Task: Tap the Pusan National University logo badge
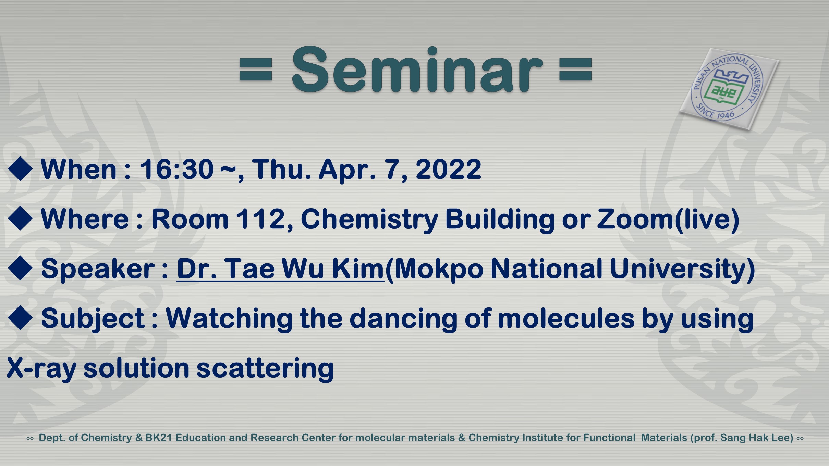click(729, 89)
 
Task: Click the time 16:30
click(176, 169)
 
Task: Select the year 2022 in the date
click(448, 169)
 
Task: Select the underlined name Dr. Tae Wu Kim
click(280, 269)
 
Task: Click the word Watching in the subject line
click(229, 318)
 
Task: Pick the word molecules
click(566, 318)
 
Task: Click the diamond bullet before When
click(20, 169)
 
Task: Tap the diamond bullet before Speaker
click(20, 268)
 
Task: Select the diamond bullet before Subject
click(20, 318)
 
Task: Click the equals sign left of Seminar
click(256, 70)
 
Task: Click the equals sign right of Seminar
click(575, 70)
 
